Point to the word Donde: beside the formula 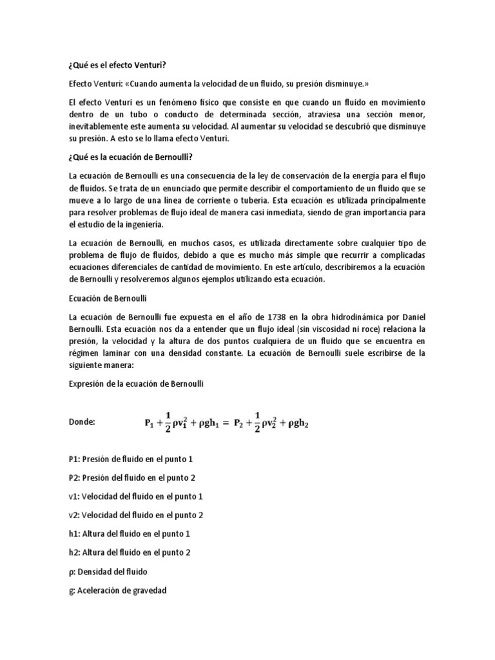[x=81, y=422]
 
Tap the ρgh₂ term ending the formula [x=296, y=424]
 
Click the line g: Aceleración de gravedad [x=117, y=590]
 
